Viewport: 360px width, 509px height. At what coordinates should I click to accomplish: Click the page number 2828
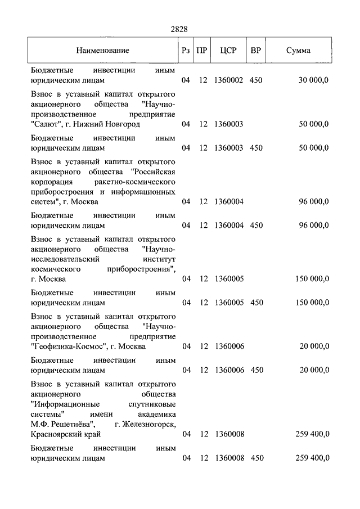[179, 29]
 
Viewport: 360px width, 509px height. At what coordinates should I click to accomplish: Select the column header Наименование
[103, 51]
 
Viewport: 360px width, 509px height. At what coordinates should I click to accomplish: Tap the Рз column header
[186, 51]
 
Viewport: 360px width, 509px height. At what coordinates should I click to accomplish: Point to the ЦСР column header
[228, 51]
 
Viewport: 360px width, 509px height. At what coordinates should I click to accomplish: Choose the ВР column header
[256, 51]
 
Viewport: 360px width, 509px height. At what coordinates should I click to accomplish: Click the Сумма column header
[298, 51]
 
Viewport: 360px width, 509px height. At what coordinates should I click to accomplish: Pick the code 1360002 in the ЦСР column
[228, 80]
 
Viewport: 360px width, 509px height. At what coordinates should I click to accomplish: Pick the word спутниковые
[148, 404]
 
